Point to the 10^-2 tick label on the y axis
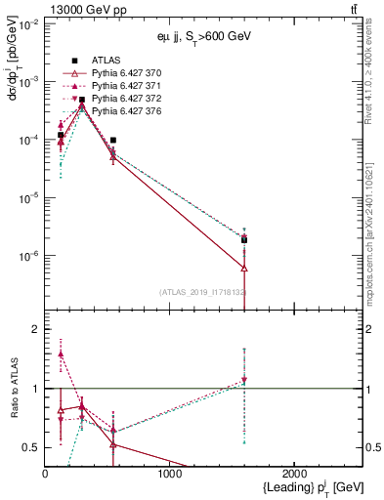click(x=28, y=23)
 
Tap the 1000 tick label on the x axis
click(x=170, y=473)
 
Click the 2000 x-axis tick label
click(x=295, y=473)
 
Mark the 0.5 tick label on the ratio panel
click(x=32, y=447)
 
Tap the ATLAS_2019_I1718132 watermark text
click(x=204, y=292)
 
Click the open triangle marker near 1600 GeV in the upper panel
click(x=244, y=268)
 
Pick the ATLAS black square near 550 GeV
click(x=113, y=140)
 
